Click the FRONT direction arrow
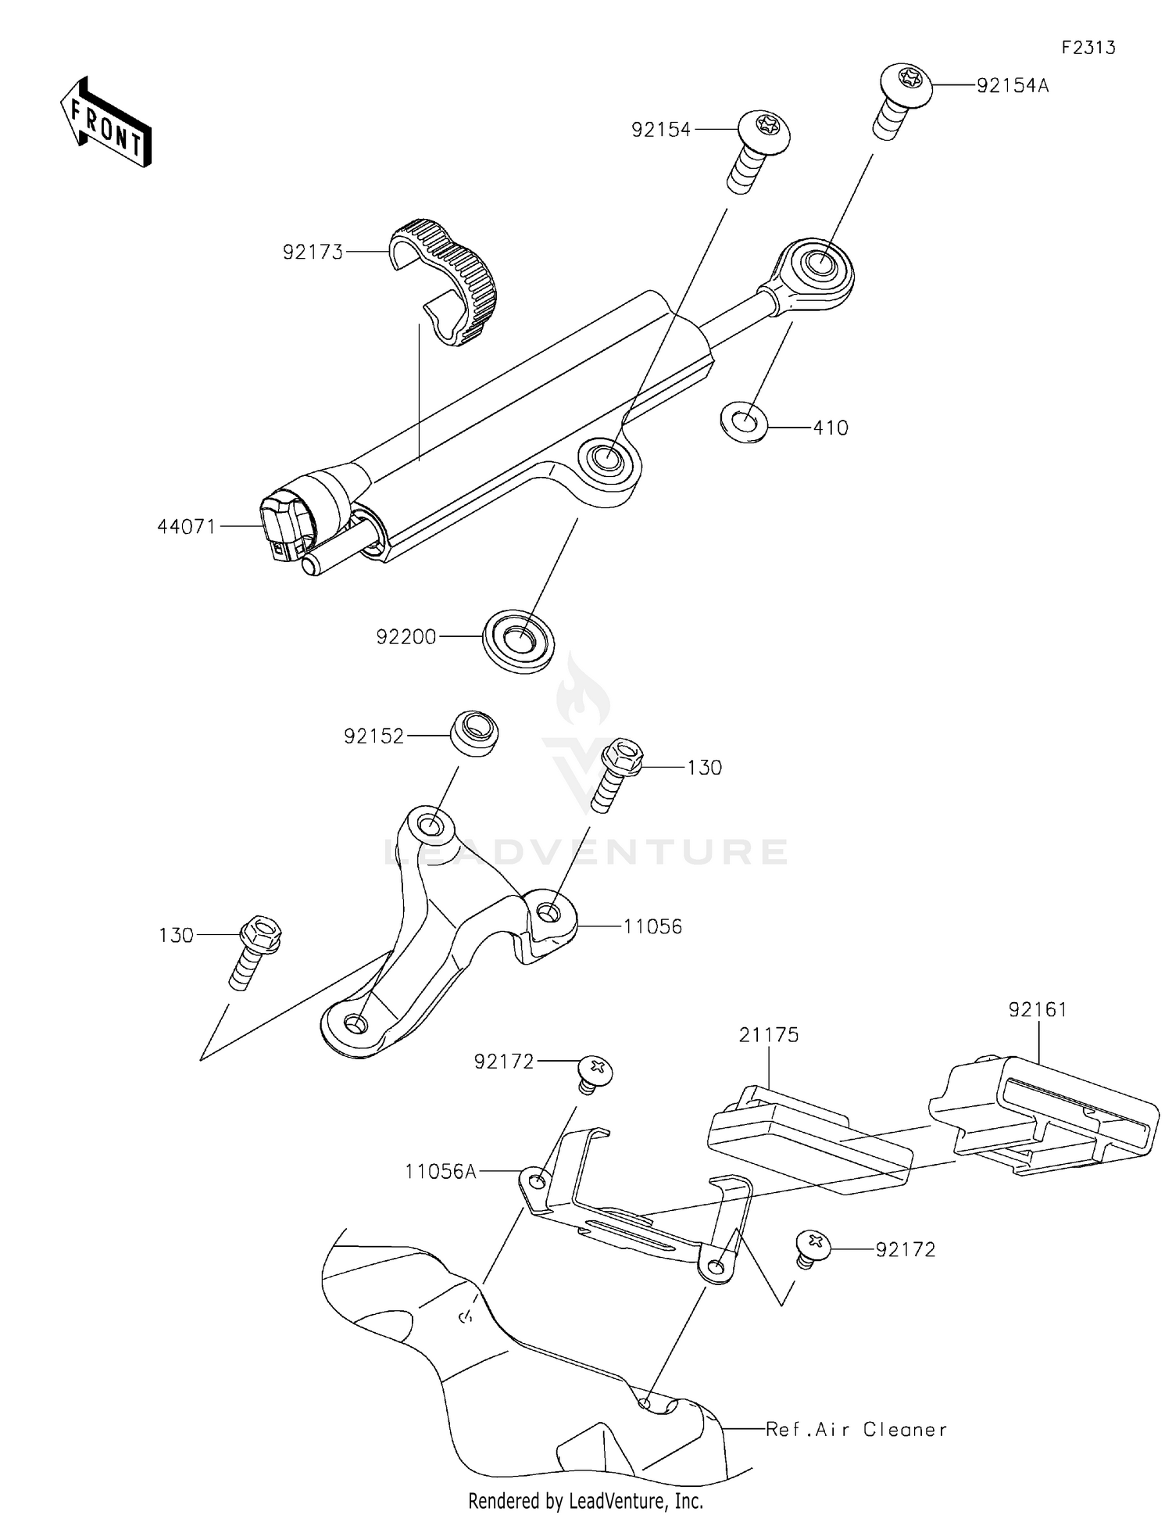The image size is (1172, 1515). coord(106,124)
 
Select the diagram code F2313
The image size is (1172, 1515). coord(1088,48)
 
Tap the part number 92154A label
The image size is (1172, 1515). coord(1012,86)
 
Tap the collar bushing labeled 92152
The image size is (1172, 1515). coord(474,732)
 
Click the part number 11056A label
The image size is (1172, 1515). coord(440,1171)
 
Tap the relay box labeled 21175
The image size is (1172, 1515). coord(809,1140)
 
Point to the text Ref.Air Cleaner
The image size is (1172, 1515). coord(856,1430)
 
